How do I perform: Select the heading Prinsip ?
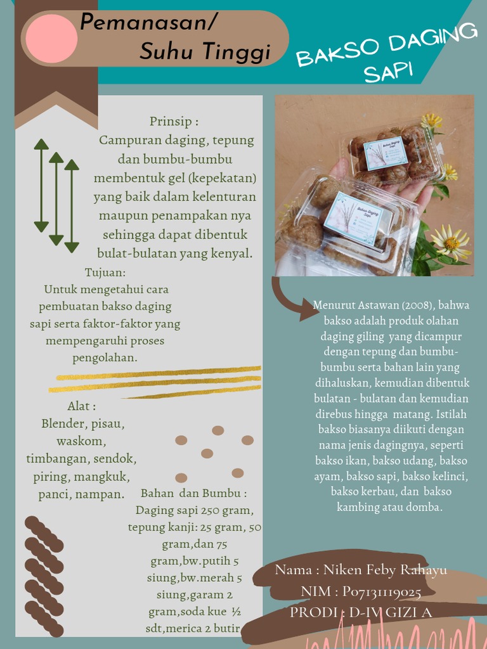tap(174, 121)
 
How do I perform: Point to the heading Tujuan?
tap(105, 273)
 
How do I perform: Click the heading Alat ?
tap(82, 406)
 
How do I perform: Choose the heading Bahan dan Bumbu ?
tap(193, 493)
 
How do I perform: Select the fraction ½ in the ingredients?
tap(235, 612)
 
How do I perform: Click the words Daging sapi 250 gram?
tap(194, 510)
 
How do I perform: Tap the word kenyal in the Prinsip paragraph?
tap(233, 254)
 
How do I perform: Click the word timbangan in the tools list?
tap(55, 459)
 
